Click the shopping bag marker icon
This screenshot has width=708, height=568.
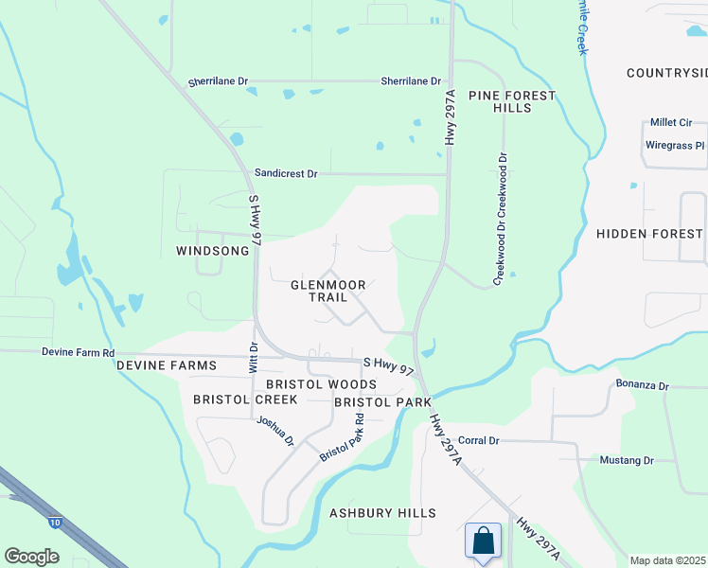tap(483, 542)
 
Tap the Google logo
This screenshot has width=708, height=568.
tap(31, 557)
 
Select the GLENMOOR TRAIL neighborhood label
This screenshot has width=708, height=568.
tap(326, 291)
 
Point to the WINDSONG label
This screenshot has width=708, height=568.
tap(213, 251)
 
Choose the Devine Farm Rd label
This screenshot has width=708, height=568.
tap(78, 351)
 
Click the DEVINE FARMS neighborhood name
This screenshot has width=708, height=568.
tap(167, 365)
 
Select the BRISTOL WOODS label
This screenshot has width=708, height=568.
tap(321, 384)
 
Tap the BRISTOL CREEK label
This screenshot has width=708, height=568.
tap(245, 399)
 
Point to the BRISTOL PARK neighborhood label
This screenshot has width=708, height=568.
tap(382, 402)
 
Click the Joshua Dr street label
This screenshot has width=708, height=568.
tap(275, 431)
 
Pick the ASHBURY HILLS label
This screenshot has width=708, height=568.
tap(382, 513)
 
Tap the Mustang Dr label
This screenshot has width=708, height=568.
tap(627, 460)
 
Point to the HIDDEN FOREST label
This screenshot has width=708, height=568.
tap(649, 234)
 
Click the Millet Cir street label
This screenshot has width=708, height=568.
tap(671, 123)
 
